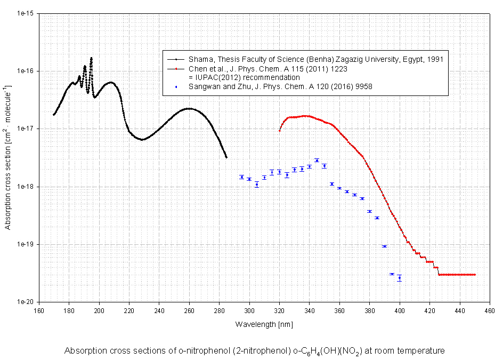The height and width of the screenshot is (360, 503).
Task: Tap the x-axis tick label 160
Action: pos(38,310)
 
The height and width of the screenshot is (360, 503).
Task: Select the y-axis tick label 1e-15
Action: pos(25,14)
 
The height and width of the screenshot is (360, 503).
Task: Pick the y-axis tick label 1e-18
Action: pos(25,187)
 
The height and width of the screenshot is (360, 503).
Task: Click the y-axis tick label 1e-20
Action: pos(25,302)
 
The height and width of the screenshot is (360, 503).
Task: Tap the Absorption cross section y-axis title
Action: pos(8,157)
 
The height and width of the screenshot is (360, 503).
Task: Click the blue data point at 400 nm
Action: pos(400,278)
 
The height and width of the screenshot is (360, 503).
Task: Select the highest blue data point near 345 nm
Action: pos(317,160)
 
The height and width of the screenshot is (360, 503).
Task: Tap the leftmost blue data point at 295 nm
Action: pos(241,177)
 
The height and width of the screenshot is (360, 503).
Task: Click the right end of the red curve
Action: pos(474,275)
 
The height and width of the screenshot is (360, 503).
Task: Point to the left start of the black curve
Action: pos(54,114)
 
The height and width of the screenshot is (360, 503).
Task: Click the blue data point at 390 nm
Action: pos(384,246)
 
